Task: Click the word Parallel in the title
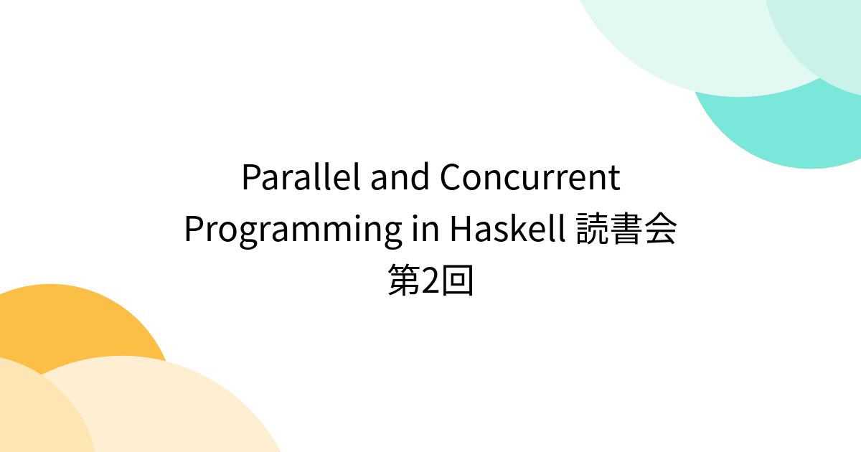(301, 178)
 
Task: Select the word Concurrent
(530, 178)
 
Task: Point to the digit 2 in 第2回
(430, 281)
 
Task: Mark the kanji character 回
(458, 281)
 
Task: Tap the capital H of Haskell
(461, 230)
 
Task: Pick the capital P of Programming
(194, 230)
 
